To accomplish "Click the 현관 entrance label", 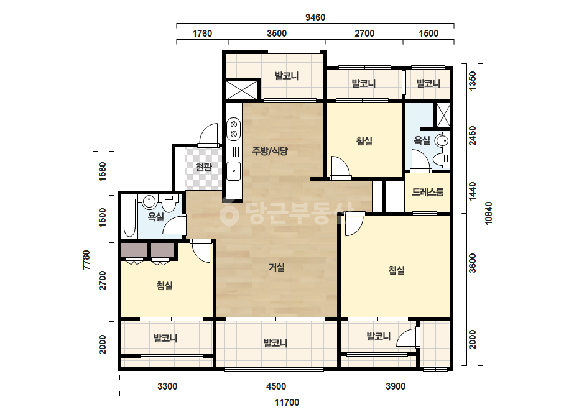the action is coord(203,167).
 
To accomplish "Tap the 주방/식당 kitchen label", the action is coord(270,151).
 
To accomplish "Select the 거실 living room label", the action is coord(277,267).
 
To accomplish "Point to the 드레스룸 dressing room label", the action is coord(428,192).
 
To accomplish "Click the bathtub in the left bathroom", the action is coord(129,217).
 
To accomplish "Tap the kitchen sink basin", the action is coord(234,171).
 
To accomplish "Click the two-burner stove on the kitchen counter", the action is coord(234,129).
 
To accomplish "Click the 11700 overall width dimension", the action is coord(287,403).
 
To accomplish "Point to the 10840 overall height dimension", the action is coord(488,213).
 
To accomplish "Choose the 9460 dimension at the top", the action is coord(315,17).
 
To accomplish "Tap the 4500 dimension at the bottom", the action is coord(276,386).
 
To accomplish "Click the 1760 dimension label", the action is coord(202,34).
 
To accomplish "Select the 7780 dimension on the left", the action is coord(86,260).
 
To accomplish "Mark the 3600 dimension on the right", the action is coord(473,263).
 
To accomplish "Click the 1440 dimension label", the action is coord(473,191).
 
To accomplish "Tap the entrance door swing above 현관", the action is coord(209,135).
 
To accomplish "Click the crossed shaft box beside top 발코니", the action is coord(242,89).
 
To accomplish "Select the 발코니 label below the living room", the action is coord(275,343).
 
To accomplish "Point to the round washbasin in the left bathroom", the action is coord(149,201).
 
